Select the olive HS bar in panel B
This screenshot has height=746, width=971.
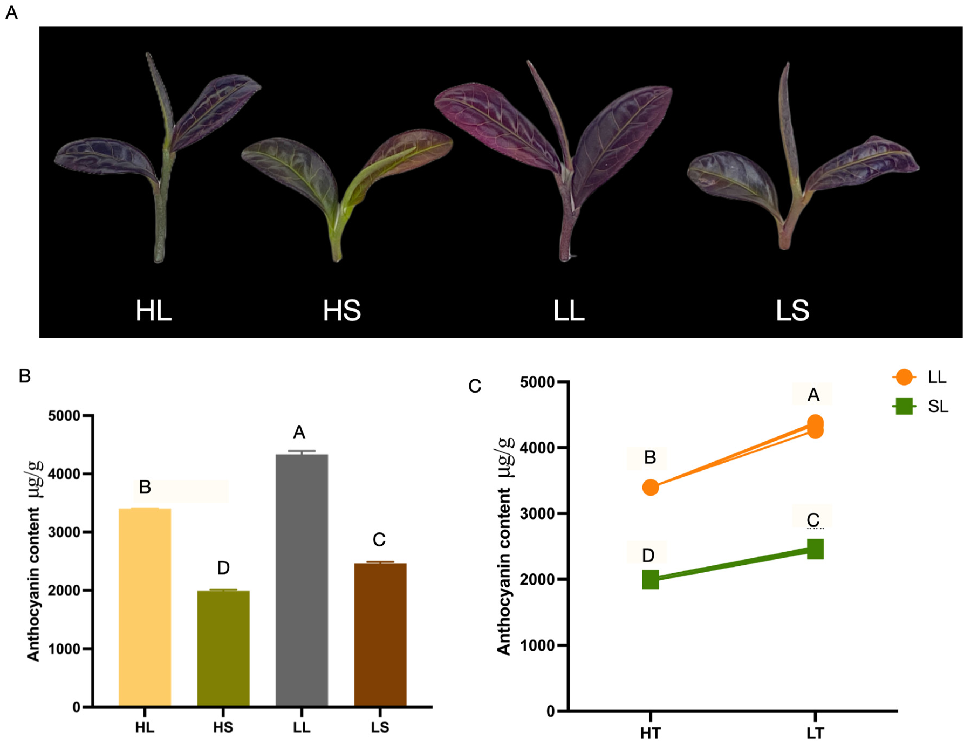tap(223, 648)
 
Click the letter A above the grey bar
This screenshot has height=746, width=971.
tap(299, 432)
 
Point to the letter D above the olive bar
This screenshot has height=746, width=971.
tap(223, 568)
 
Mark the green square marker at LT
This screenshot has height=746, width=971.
tap(815, 549)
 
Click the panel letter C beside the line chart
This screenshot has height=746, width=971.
tap(474, 386)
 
